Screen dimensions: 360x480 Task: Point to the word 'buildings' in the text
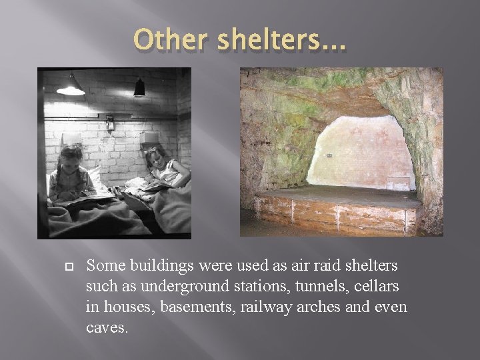pos(155,265)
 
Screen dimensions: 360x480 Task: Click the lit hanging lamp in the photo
pos(70,86)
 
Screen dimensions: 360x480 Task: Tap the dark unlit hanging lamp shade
pos(139,88)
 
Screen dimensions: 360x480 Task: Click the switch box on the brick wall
pos(109,123)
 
